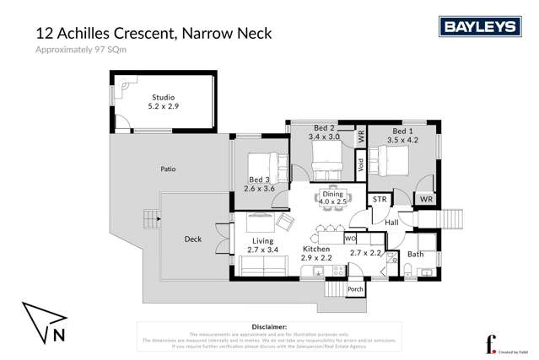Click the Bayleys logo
point(479,27)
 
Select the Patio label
point(168,169)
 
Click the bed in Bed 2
point(323,154)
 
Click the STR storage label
point(380,200)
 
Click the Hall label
point(391,223)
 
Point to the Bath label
point(416,253)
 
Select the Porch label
point(355,289)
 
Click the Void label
point(361,166)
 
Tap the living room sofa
point(264,266)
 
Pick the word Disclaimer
point(269,325)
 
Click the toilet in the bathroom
point(407,270)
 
